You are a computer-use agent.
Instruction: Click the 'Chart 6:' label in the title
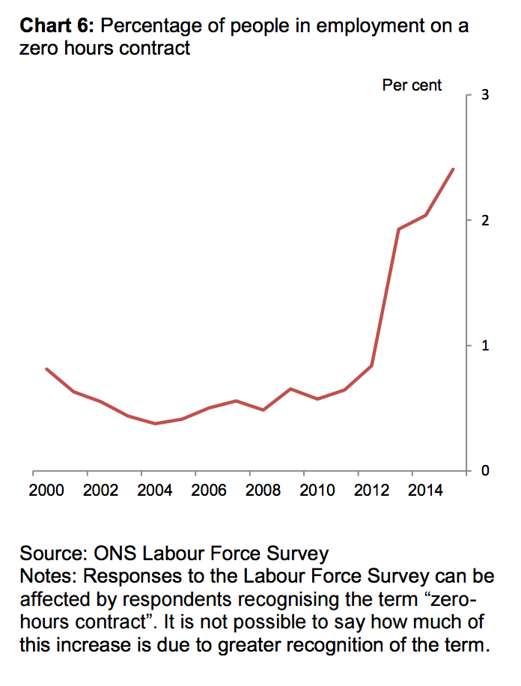[57, 27]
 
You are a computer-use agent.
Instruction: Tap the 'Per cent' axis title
[412, 85]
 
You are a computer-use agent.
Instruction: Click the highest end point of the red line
[453, 169]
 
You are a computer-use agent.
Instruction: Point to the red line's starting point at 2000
[46, 369]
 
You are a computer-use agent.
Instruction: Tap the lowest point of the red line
[155, 423]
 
